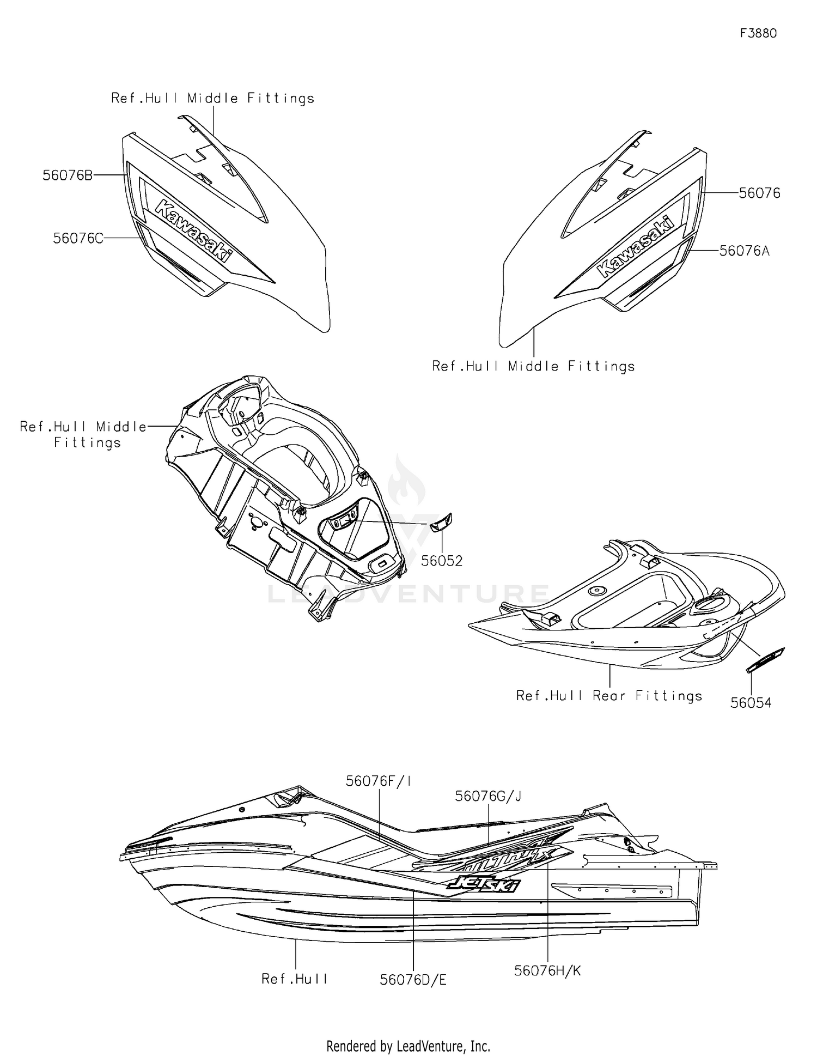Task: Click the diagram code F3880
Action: pyautogui.click(x=758, y=33)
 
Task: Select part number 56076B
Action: pyautogui.click(x=68, y=175)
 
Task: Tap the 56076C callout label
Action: pyautogui.click(x=78, y=238)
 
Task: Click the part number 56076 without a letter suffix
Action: pyautogui.click(x=759, y=193)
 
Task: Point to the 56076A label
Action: pyautogui.click(x=745, y=251)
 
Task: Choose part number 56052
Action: pyautogui.click(x=442, y=561)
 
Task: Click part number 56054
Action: pyautogui.click(x=751, y=703)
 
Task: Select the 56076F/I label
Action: pyautogui.click(x=379, y=781)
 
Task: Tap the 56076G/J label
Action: pyautogui.click(x=488, y=796)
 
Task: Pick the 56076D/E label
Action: pyautogui.click(x=413, y=980)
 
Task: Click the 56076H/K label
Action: pyautogui.click(x=547, y=970)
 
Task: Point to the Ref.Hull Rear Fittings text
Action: pyautogui.click(x=609, y=696)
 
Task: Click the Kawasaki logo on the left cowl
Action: pyautogui.click(x=193, y=230)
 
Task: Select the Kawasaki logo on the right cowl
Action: pyautogui.click(x=636, y=247)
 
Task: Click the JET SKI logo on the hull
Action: pyautogui.click(x=484, y=884)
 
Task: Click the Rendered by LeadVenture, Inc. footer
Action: pyautogui.click(x=408, y=1046)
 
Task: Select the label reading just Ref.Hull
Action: pyautogui.click(x=294, y=979)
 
